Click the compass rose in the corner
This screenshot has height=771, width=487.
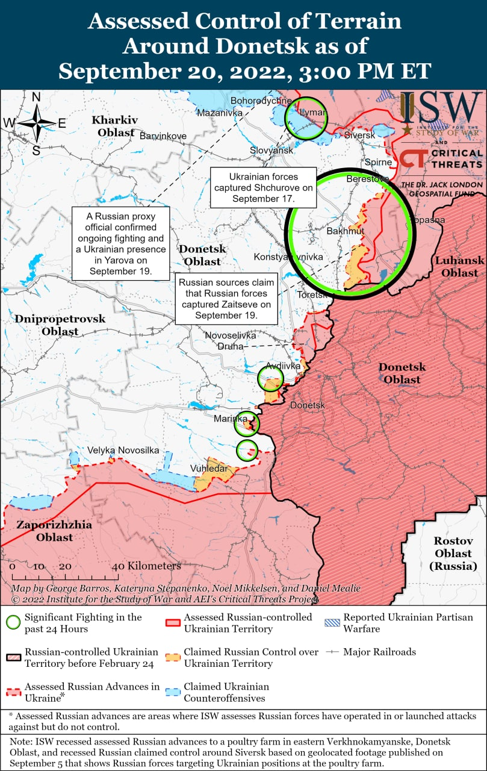[36, 122]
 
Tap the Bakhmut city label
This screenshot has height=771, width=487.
[345, 231]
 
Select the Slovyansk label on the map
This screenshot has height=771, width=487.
[272, 149]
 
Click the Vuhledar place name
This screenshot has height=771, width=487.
[209, 468]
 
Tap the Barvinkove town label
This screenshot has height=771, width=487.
[163, 136]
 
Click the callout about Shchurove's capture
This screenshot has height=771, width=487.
[263, 187]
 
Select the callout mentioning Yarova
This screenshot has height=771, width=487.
[120, 243]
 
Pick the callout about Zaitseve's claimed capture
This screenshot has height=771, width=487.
[226, 298]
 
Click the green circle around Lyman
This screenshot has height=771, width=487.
[306, 118]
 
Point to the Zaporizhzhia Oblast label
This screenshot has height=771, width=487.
[54, 531]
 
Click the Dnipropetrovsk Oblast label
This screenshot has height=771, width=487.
[60, 325]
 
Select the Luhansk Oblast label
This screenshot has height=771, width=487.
[459, 266]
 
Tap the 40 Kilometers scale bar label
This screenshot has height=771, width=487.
[147, 566]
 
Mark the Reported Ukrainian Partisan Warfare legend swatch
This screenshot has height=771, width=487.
[331, 620]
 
